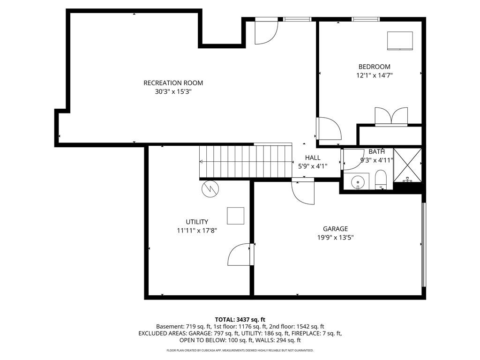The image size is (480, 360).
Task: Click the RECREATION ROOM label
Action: pyautogui.click(x=173, y=83)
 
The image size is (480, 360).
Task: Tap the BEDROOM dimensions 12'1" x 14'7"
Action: pyautogui.click(x=375, y=75)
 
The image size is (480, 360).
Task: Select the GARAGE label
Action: pyautogui.click(x=336, y=229)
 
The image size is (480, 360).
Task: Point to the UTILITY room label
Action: pyautogui.click(x=197, y=222)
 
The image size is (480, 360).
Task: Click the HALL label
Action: pyautogui.click(x=313, y=157)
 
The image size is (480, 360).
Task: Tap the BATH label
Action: pyautogui.click(x=376, y=151)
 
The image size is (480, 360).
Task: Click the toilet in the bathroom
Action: pyautogui.click(x=381, y=180)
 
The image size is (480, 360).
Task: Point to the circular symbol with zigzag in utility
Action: pyautogui.click(x=210, y=189)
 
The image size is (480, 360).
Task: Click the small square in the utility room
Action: pyautogui.click(x=235, y=216)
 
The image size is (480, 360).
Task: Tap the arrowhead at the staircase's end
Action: pyautogui.click(x=201, y=162)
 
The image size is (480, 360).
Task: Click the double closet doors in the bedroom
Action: pyautogui.click(x=391, y=116)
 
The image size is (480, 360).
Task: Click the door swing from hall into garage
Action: pyautogui.click(x=303, y=191)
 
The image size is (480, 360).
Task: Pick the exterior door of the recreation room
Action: pyautogui.click(x=266, y=30)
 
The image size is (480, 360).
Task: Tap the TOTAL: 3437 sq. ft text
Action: pyautogui.click(x=240, y=320)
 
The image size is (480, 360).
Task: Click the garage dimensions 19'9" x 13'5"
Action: pyautogui.click(x=336, y=238)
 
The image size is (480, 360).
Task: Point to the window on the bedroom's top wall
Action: pyautogui.click(x=366, y=19)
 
